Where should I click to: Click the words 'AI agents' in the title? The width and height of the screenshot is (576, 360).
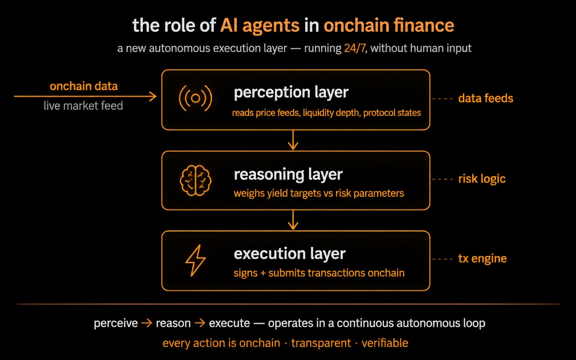point(260,26)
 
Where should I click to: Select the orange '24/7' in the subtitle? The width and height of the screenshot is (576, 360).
point(355,48)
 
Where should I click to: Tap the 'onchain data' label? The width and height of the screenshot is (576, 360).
point(84,86)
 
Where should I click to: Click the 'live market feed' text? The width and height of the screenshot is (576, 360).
point(83,106)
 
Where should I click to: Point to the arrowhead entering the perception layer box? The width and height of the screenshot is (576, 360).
point(153,97)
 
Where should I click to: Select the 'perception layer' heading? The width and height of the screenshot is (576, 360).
point(291,92)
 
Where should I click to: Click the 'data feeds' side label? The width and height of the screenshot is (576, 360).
point(486,98)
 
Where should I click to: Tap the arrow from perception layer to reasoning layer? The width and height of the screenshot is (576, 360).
point(293,140)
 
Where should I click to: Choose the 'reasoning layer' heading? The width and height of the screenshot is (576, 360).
point(288,175)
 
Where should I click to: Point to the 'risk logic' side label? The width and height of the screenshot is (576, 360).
point(482,179)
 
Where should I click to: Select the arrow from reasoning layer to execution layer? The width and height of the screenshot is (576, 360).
point(293,220)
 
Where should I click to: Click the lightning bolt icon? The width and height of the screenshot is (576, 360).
point(196,260)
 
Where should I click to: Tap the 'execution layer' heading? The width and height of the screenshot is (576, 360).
point(289,254)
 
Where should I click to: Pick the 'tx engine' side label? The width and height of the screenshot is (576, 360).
point(482,258)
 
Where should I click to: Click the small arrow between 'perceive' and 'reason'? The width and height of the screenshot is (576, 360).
point(147,323)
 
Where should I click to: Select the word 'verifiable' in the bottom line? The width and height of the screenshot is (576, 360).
point(385,343)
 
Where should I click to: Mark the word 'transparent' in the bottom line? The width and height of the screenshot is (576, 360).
point(321,343)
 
